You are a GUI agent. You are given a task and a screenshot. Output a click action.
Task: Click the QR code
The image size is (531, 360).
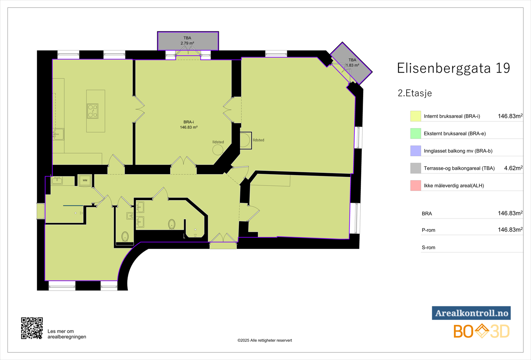pos(32,328)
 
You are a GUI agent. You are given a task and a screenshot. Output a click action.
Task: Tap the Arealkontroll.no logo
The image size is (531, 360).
pos(471,313)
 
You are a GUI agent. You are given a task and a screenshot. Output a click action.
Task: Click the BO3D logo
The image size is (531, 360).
pos(481,331)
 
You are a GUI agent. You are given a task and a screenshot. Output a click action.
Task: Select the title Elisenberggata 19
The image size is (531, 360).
pos(453,68)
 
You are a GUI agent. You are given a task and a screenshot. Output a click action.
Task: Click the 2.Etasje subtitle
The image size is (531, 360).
pos(415,93)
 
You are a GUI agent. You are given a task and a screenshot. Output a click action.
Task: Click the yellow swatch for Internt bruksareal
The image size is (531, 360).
pos(416,116)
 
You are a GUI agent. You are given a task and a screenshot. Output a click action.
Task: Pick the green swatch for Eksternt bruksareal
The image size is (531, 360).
pos(416,133)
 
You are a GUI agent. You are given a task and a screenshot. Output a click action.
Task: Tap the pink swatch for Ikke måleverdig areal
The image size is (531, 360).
pos(416,185)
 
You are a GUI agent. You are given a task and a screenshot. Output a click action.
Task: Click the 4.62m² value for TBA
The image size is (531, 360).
pos(513,168)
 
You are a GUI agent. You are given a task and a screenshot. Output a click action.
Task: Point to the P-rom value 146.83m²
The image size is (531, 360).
pos(510,230)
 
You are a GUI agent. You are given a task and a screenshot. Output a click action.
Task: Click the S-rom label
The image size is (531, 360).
pos(428,248)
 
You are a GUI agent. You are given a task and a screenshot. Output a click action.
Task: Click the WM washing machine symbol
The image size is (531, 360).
pos(85,180)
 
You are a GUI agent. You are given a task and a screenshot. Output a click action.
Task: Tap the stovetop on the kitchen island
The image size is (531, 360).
pos(93,111)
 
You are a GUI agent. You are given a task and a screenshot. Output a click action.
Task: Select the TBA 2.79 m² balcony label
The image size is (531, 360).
pos(188,40)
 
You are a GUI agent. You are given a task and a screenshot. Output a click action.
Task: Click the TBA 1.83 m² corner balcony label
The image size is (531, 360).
pos(352,63)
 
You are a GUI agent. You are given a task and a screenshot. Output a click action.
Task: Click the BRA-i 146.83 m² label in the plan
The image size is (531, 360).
pos(189,125)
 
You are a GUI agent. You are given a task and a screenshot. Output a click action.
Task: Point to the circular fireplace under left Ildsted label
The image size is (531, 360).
pos(218,150)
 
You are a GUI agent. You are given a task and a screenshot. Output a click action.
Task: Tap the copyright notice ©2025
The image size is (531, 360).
pos(265,340)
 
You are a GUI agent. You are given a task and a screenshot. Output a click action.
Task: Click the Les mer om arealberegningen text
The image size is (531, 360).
pos(67,334)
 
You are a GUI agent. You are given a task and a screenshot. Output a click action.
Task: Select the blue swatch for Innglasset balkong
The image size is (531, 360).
pos(416,151)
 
